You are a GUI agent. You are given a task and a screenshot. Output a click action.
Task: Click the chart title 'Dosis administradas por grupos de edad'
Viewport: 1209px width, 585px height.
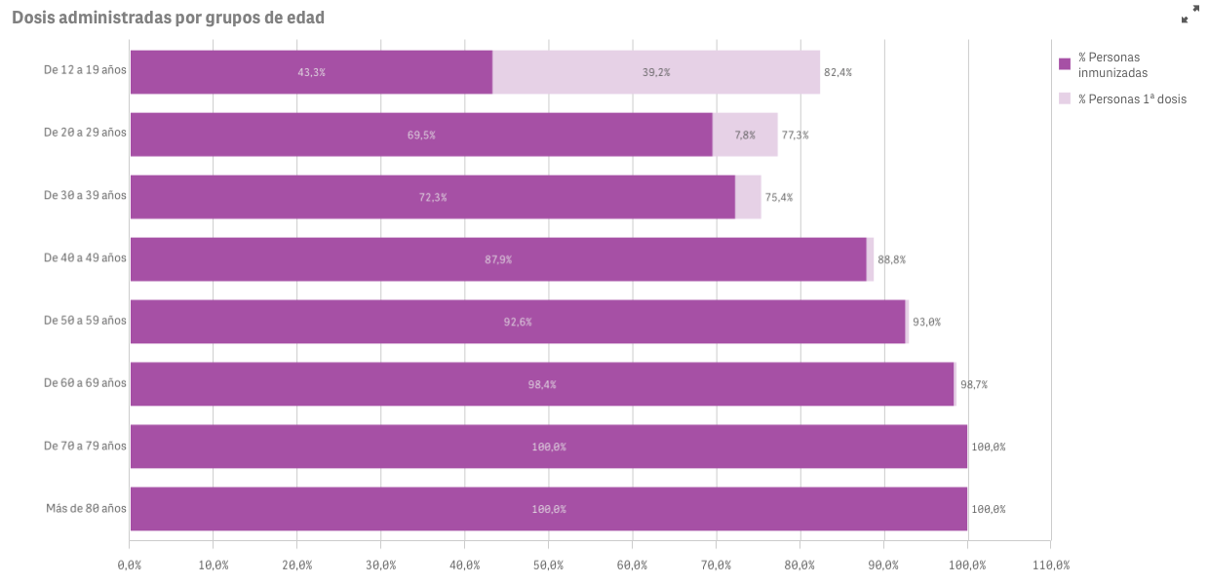[168, 18]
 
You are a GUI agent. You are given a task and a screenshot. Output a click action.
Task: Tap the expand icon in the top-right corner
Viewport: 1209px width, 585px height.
[1190, 15]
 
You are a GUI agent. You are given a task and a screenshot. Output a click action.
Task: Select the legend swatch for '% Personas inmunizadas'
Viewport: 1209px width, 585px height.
[1065, 64]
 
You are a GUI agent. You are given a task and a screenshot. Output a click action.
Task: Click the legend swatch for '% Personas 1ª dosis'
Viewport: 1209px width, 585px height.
[1065, 98]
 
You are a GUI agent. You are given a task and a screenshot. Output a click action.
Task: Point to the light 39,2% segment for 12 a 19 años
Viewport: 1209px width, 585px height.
[656, 72]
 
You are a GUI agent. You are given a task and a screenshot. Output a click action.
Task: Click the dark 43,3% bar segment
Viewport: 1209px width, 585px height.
[311, 72]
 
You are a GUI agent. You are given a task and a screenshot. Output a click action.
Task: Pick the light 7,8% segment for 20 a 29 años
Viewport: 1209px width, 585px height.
[745, 135]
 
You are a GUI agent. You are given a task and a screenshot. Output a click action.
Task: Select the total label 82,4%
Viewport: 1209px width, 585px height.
[838, 72]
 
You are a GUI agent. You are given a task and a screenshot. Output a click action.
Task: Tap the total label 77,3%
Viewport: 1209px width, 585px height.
[795, 135]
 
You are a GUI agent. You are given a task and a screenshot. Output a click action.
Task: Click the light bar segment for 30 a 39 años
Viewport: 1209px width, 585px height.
[748, 197]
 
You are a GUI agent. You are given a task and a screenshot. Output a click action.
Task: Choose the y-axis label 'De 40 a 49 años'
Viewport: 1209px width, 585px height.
[85, 257]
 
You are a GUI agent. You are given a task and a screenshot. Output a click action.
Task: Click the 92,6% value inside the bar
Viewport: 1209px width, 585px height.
[518, 322]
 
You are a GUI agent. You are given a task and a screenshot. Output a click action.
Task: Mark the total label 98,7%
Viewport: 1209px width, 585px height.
[974, 384]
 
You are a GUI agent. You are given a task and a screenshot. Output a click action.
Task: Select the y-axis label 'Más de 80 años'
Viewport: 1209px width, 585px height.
[86, 508]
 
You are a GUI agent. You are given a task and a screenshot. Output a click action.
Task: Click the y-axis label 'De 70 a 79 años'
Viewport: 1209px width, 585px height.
[85, 446]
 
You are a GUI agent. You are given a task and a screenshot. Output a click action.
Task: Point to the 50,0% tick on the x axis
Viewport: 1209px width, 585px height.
[548, 565]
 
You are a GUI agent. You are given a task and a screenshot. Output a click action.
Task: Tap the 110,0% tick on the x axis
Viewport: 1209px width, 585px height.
[1050, 565]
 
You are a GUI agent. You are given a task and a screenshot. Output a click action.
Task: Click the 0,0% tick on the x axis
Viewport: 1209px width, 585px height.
[130, 565]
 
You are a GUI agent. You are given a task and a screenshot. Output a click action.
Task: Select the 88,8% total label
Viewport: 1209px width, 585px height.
[892, 259]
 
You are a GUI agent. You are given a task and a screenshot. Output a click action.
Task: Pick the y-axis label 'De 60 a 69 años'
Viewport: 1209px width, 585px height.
[85, 383]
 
